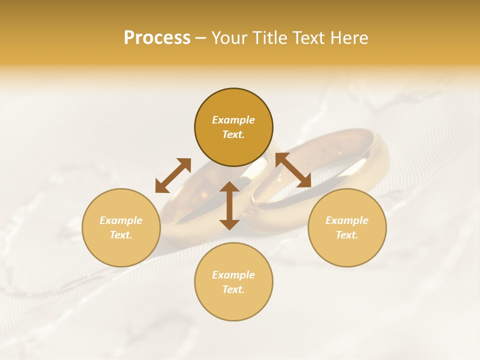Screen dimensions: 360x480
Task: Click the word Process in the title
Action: [x=157, y=38]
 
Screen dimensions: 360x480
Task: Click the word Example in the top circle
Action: [x=233, y=120]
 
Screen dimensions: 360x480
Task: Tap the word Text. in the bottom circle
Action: [x=233, y=289]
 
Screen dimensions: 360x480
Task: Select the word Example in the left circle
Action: [x=121, y=220]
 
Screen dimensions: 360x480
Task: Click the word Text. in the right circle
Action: [x=347, y=235]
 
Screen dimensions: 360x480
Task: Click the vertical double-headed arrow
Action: [x=229, y=205]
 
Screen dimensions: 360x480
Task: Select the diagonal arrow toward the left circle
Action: [x=173, y=175]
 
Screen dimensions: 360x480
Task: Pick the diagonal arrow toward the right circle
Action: [x=293, y=170]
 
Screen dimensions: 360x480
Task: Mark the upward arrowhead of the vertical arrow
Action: [x=229, y=187]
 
